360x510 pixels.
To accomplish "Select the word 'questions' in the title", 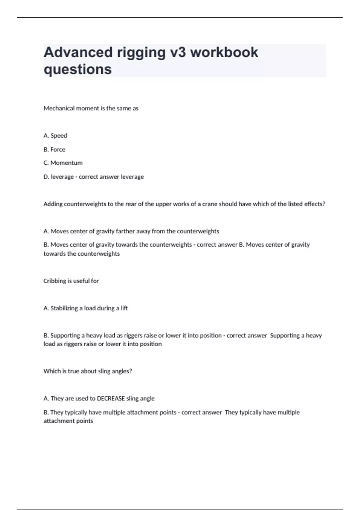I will (x=78, y=69).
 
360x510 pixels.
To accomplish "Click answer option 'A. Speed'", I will (x=55, y=136).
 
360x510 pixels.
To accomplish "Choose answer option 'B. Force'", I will (x=54, y=149).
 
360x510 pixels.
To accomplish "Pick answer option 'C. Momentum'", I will (x=63, y=163).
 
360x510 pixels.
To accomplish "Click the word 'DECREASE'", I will (x=111, y=398).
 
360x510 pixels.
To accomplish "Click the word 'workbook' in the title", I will (x=224, y=52).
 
